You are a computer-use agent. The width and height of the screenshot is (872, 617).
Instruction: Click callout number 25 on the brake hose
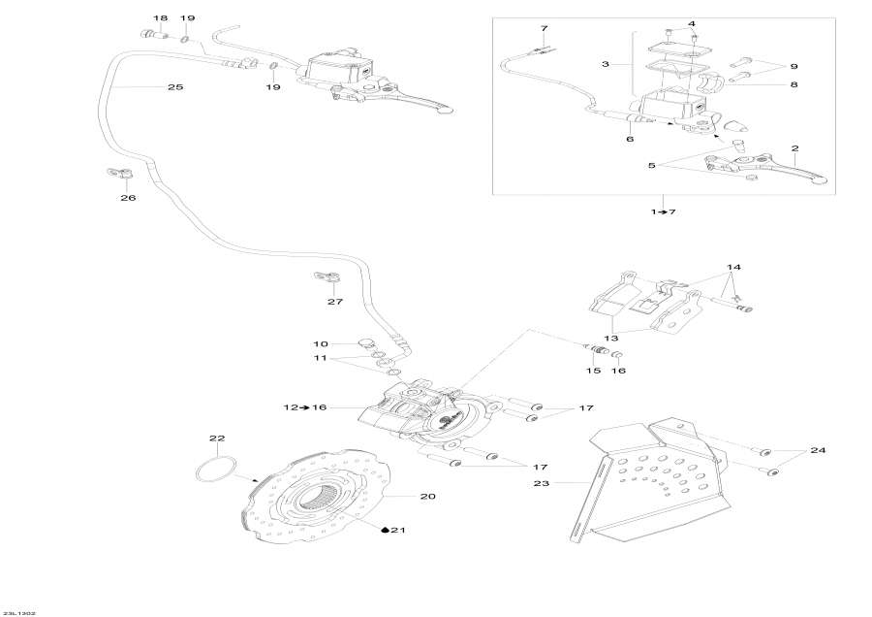174,87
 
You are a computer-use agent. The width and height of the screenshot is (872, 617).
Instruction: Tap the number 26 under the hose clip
128,198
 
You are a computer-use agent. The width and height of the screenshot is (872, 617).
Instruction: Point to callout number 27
334,302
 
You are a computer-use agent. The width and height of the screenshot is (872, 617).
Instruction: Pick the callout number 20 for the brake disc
427,497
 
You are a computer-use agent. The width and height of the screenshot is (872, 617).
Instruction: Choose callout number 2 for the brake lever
794,148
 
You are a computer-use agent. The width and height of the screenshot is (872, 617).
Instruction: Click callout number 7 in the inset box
544,28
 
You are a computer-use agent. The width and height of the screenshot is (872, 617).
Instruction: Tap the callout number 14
733,267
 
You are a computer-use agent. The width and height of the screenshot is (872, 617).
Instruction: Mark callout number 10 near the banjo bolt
321,343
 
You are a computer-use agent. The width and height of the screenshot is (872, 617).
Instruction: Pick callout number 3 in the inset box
605,64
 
